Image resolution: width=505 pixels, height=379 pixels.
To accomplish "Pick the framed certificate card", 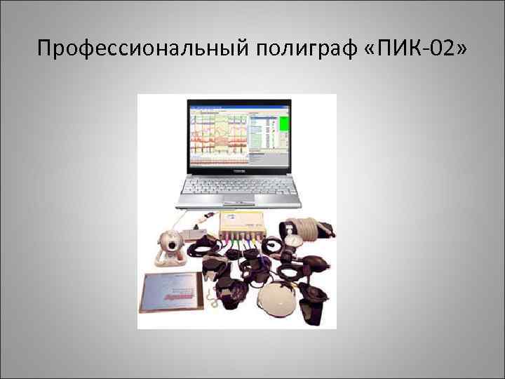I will (173, 292).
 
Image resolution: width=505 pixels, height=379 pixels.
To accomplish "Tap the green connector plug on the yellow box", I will (231, 239).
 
